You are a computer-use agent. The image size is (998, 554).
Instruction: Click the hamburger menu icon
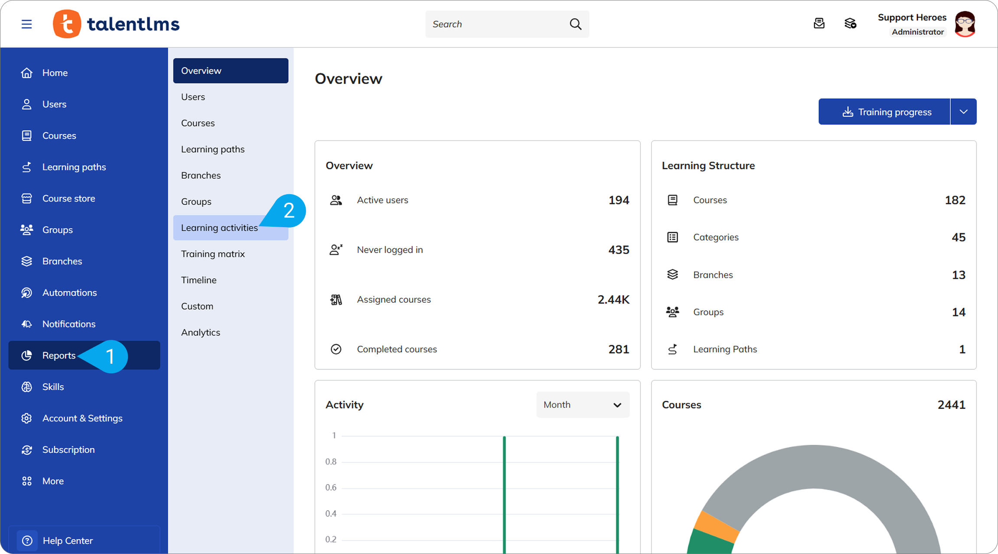(x=26, y=24)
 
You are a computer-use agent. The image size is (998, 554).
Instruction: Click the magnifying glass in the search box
(x=575, y=24)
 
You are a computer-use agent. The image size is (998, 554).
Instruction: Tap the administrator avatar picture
(x=965, y=24)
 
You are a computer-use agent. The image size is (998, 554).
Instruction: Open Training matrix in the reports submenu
(x=213, y=254)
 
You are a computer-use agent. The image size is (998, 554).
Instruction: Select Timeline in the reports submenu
(x=199, y=280)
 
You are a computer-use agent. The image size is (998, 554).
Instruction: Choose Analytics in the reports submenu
(x=201, y=332)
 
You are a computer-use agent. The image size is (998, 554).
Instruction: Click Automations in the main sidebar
(x=69, y=293)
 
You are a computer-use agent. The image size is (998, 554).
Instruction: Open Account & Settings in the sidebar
(x=82, y=418)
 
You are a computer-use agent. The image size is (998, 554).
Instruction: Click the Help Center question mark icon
(x=27, y=541)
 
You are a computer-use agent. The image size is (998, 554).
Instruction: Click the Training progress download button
(x=884, y=112)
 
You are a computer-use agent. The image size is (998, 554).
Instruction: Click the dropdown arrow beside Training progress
(x=963, y=112)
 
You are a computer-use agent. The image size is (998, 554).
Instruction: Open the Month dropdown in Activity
(x=583, y=404)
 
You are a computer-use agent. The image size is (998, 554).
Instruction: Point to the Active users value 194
(x=619, y=200)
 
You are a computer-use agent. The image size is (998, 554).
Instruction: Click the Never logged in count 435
(x=619, y=250)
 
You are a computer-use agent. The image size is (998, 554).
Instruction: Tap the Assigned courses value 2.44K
(x=613, y=300)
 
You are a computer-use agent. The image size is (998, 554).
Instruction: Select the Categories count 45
(x=959, y=237)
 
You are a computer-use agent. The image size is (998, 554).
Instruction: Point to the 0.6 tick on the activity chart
(x=331, y=488)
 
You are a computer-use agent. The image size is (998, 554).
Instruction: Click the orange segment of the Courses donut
(x=715, y=526)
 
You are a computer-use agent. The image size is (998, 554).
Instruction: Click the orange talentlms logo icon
(x=67, y=24)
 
